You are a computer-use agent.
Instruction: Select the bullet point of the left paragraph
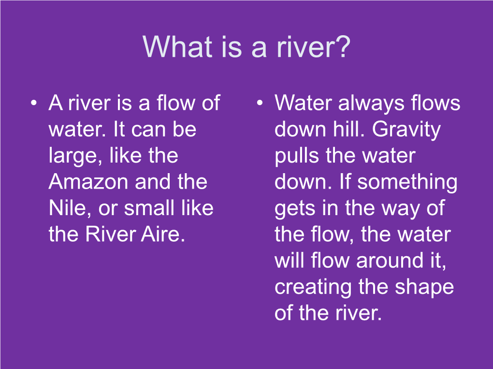(x=34, y=103)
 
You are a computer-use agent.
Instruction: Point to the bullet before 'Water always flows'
(x=260, y=103)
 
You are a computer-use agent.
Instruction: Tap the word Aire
(x=163, y=234)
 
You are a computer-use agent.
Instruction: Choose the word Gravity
(x=406, y=130)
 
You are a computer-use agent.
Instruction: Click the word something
(x=407, y=182)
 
